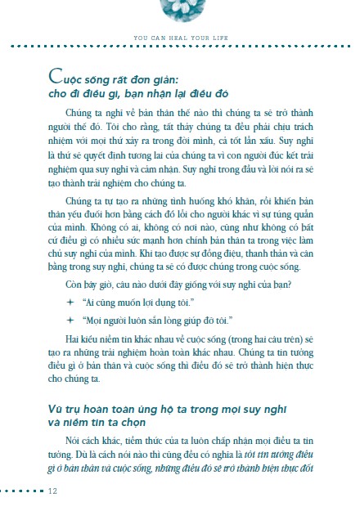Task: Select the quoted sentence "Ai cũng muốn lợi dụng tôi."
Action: pyautogui.click(x=125, y=278)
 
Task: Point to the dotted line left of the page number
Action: pyautogui.click(x=23, y=491)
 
